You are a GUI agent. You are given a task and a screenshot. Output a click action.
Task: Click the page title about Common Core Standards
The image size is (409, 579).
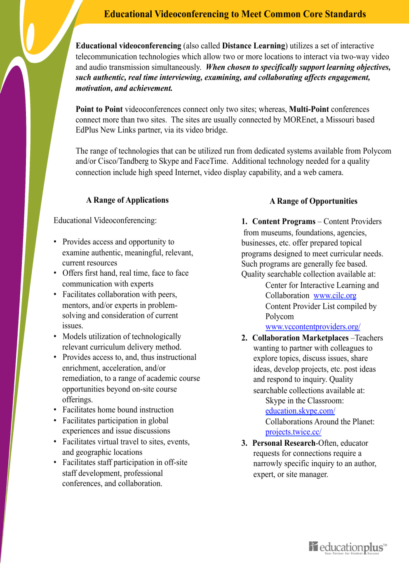pos(235,14)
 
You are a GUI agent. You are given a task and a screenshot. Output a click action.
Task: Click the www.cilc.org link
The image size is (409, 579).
pos(335,295)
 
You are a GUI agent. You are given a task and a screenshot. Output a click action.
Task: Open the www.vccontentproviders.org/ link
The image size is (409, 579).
pos(313,327)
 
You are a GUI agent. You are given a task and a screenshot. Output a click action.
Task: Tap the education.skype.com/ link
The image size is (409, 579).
pos(300,411)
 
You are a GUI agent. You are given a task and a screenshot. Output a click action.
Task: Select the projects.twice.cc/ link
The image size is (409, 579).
pos(293,432)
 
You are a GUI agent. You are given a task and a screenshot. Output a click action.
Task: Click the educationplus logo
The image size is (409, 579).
pos(348,548)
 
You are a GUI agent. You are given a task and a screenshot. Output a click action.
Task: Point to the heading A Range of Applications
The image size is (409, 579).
pos(127,200)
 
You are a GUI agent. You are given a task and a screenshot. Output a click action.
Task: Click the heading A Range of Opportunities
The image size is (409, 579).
pos(313,201)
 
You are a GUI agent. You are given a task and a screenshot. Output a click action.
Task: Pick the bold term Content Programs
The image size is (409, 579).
pos(284,222)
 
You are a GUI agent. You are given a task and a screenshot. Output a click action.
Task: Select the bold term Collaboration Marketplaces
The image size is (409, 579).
pos(300,338)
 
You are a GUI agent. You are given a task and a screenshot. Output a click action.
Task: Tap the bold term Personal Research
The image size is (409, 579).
pos(284,443)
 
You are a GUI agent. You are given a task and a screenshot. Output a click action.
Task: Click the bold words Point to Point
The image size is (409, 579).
pos(99,109)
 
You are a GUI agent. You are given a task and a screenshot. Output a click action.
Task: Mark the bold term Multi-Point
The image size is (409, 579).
pos(309,109)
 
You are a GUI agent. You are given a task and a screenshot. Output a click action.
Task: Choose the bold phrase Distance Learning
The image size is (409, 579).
pos(254,46)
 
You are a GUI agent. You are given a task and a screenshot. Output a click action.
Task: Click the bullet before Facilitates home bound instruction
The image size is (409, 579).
pos(55,410)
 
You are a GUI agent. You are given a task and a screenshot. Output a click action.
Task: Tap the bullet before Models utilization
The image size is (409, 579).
pos(55,336)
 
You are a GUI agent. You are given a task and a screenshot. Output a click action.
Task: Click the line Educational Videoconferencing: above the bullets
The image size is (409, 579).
pos(105,220)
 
